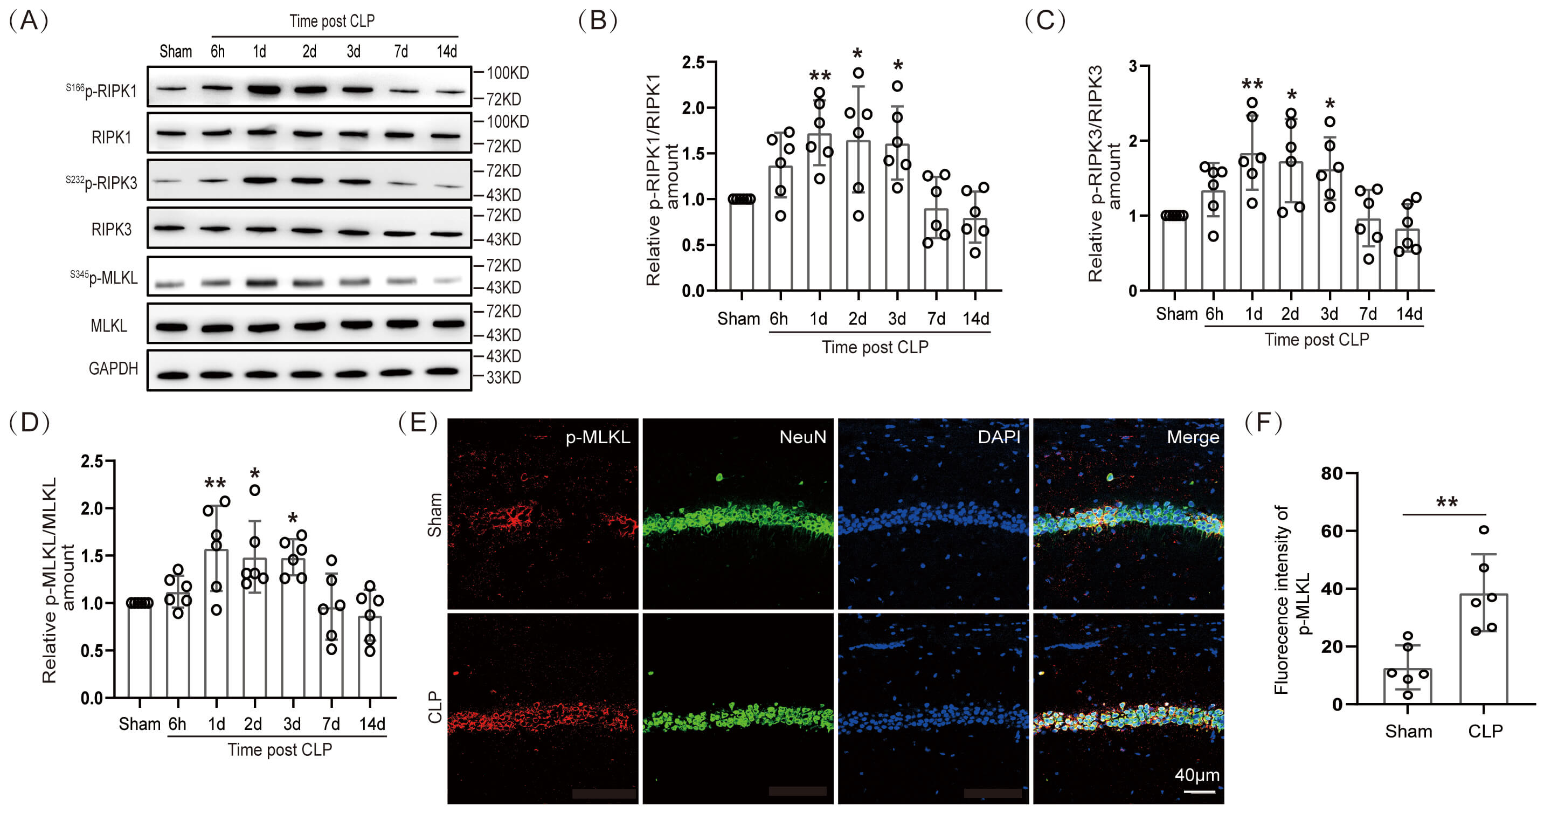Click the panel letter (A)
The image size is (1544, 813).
(x=28, y=20)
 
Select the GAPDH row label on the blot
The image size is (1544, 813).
(x=113, y=368)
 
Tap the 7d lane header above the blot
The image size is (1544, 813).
(x=401, y=52)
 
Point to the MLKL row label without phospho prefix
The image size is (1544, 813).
(x=108, y=326)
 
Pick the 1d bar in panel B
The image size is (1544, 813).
(x=819, y=212)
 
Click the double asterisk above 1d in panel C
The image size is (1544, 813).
(x=1252, y=85)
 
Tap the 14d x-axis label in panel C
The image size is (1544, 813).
(x=1409, y=314)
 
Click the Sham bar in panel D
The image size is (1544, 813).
(x=140, y=650)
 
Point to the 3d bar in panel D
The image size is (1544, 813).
(x=293, y=628)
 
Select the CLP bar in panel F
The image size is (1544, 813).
(x=1484, y=649)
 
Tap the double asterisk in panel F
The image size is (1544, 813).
(x=1447, y=502)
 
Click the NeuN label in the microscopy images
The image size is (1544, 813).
(x=802, y=437)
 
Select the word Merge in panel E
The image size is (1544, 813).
(x=1193, y=437)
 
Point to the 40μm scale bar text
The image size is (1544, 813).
(x=1197, y=775)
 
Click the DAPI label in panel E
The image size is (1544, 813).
(x=999, y=437)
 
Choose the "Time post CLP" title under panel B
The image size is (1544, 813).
(x=875, y=347)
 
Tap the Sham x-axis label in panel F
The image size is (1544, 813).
(x=1409, y=732)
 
